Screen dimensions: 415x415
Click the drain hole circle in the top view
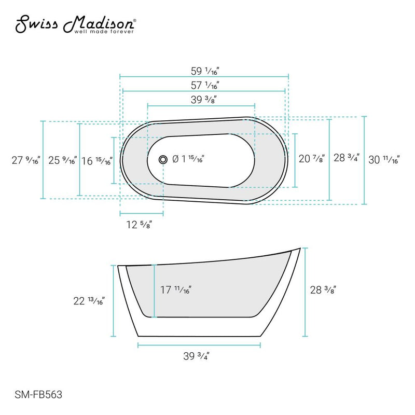point(163,160)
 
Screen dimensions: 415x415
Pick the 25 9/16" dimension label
point(61,160)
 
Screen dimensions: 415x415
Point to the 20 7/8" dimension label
point(312,159)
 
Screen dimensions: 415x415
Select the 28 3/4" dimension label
point(346,158)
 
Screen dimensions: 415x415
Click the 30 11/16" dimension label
point(383,160)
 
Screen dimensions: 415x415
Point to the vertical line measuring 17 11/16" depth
point(154,290)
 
